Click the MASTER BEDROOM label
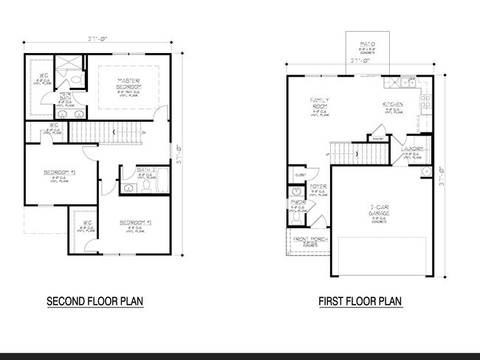tap(124, 82)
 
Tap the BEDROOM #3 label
tap(55, 173)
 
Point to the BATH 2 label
tap(146, 171)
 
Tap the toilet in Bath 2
tap(146, 188)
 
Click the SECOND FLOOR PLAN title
tap(95, 302)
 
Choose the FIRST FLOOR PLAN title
tap(360, 302)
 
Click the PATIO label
tap(368, 45)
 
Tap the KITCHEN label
tap(393, 105)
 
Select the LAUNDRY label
tap(411, 149)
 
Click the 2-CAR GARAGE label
tap(379, 210)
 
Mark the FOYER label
tap(318, 187)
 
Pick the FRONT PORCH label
tap(309, 238)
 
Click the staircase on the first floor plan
tap(358, 154)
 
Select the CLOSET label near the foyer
tap(300, 175)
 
